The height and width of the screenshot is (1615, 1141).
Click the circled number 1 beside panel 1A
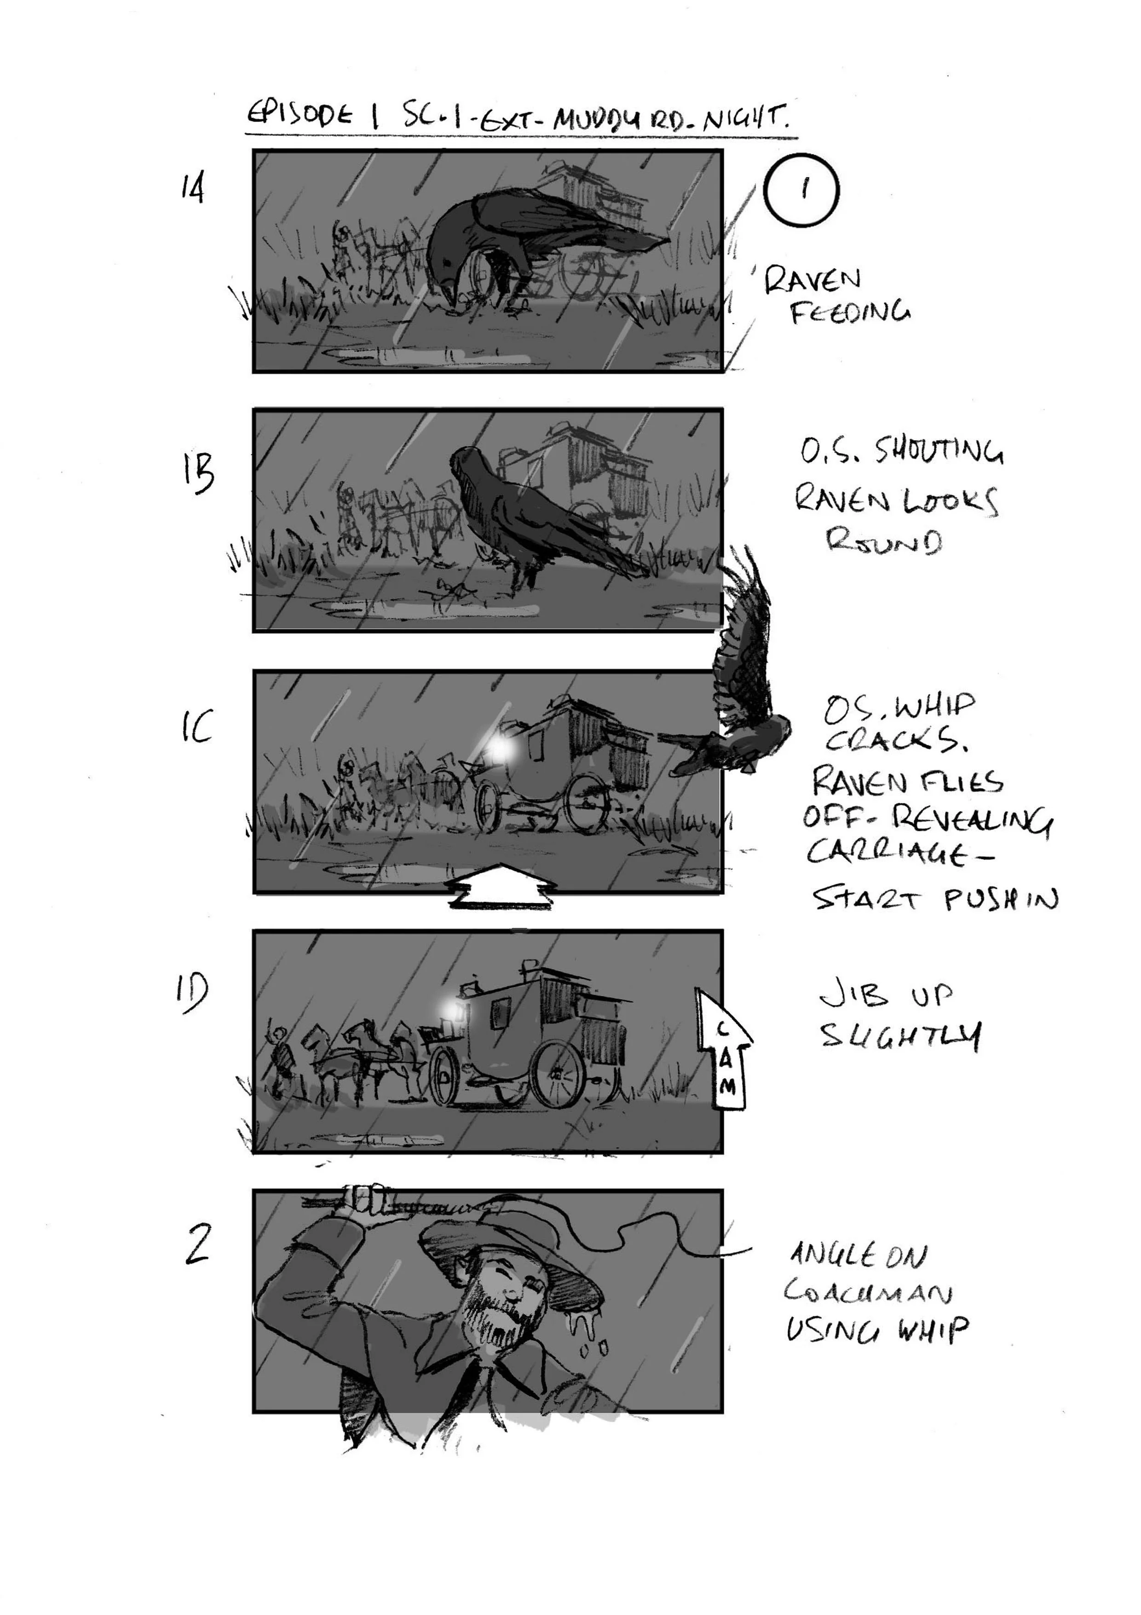(x=801, y=190)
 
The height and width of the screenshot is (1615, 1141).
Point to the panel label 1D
(x=192, y=992)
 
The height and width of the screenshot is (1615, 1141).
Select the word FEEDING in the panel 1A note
(x=849, y=312)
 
